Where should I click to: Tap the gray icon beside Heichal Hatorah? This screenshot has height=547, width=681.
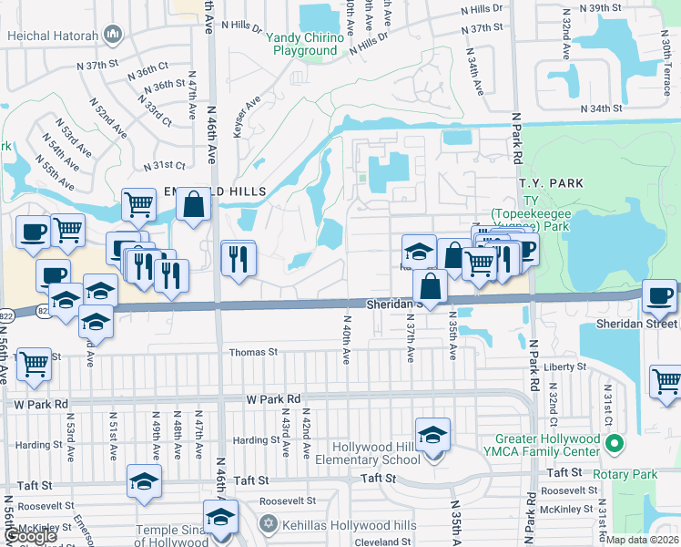point(114,36)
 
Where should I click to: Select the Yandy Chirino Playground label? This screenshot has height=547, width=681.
point(304,44)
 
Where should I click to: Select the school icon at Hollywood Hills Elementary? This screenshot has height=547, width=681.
point(432,434)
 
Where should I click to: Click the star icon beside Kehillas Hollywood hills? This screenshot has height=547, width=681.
point(267,525)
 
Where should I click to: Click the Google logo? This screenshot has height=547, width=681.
point(30,536)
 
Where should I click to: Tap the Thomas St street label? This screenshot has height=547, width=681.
point(252,352)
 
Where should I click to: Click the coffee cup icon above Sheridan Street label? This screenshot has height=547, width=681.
point(659,295)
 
